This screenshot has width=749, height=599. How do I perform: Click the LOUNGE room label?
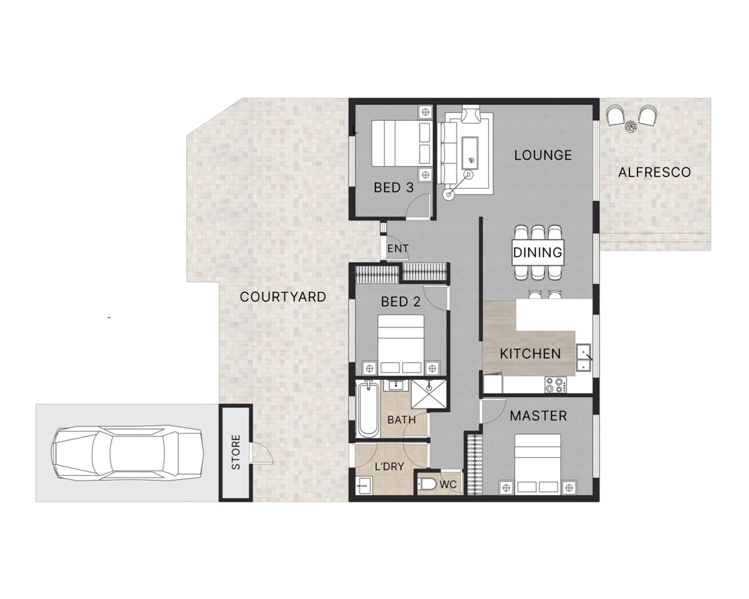543,155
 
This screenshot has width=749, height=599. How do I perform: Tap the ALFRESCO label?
654,172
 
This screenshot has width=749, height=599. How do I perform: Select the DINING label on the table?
537,253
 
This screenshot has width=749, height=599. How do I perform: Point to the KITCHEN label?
530,354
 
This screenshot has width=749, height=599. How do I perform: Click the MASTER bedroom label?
538,416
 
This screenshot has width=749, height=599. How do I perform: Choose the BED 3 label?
393,188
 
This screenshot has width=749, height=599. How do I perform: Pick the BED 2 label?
400,302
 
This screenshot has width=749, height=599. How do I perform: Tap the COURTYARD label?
282,297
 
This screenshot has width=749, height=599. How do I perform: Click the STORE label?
236,453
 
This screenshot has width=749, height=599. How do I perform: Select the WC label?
448,485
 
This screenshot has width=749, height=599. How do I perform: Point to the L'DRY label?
389,467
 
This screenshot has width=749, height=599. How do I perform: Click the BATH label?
401,420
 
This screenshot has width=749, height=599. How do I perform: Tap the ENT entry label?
397,249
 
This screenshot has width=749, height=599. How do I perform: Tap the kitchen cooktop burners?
554,385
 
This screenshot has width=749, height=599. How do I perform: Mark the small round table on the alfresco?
630,126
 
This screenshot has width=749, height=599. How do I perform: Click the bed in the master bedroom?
537,464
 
